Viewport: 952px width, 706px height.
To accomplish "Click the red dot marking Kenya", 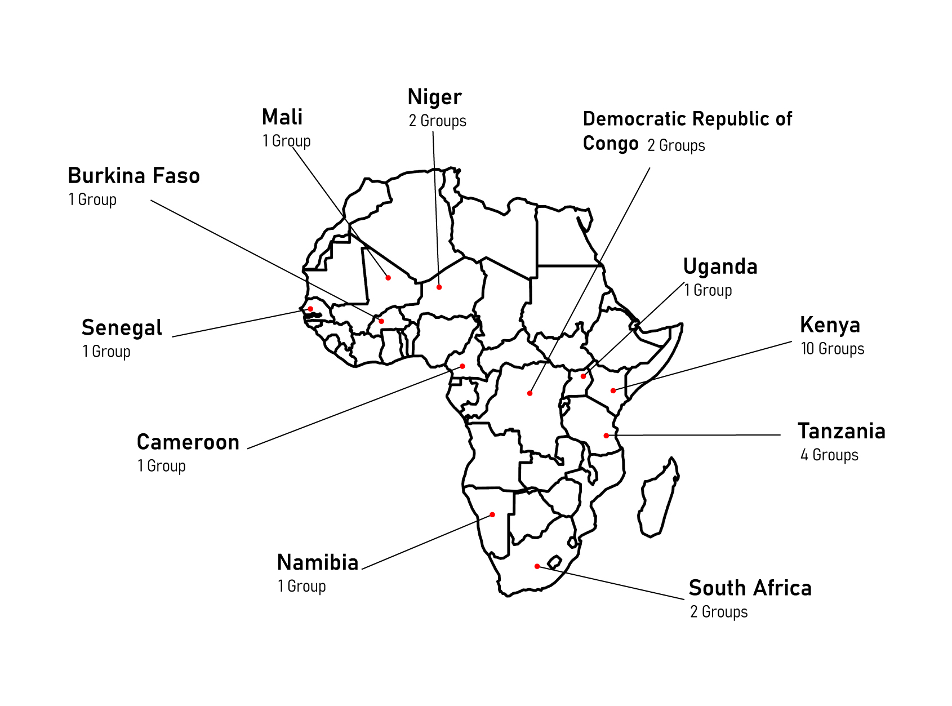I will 613,390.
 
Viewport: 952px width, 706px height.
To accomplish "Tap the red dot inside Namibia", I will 492,514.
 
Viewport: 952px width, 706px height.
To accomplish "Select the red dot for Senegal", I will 310,309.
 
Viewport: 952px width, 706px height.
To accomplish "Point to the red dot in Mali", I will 388,278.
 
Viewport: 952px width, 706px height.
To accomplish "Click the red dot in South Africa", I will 537,566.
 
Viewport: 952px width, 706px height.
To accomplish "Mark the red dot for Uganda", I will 583,376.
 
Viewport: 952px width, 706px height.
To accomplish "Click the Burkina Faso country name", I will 134,176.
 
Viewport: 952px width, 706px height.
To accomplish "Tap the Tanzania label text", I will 842,431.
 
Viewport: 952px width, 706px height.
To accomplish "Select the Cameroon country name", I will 188,442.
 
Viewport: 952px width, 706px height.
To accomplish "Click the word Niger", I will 434,97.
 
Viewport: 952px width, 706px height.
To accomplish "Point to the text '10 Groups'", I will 832,349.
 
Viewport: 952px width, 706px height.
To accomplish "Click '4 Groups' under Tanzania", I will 829,455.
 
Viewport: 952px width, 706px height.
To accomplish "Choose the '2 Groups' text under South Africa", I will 719,611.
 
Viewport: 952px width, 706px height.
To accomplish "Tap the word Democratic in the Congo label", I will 634,119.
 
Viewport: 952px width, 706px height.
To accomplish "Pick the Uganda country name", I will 720,267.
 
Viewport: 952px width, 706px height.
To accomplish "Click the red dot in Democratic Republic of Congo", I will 530,393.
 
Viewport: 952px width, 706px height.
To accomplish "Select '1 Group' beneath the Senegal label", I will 106,352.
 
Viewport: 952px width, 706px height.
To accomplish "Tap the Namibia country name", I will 318,562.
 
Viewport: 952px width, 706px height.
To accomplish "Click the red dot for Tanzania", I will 606,436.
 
